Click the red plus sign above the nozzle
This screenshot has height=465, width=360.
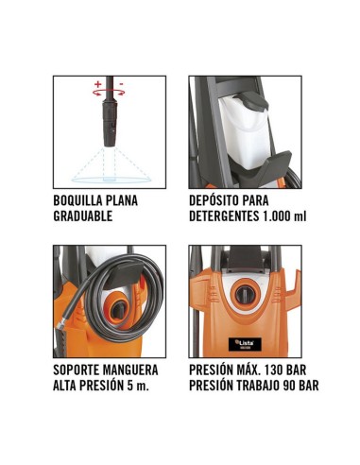coord(98,84)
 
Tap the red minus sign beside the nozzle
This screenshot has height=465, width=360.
coord(121,84)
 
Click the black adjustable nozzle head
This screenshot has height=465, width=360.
coord(110,124)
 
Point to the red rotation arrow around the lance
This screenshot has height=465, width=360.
coord(109,93)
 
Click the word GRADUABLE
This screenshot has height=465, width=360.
coord(83,216)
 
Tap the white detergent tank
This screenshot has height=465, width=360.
coord(244,132)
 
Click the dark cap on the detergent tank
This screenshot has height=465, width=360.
coord(252,101)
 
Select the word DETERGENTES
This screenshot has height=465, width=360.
coord(224,216)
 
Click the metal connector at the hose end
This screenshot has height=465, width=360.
coord(60,323)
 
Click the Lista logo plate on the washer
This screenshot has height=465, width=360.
coord(245,344)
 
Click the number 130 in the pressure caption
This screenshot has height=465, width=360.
coord(274,370)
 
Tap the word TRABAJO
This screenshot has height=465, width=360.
coord(256,386)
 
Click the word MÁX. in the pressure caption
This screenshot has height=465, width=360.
coord(249,370)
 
